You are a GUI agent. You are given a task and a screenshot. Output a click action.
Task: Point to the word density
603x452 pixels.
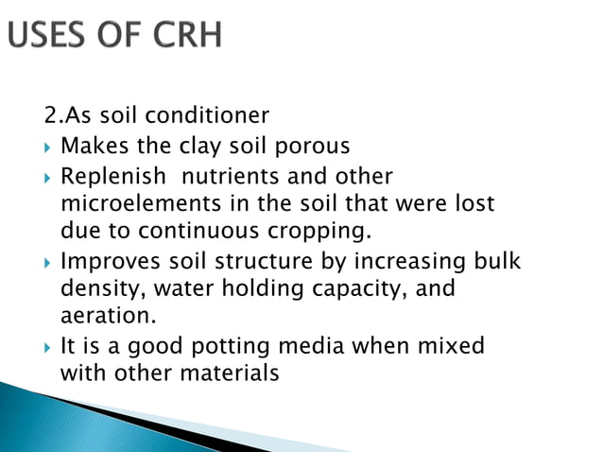pyautogui.click(x=96, y=287)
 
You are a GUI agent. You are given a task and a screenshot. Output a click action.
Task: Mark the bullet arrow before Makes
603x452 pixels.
pyautogui.click(x=46, y=148)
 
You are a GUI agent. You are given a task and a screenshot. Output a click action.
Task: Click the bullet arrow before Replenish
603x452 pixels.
pyautogui.click(x=46, y=178)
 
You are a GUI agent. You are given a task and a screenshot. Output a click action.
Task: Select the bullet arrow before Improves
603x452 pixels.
pyautogui.click(x=46, y=261)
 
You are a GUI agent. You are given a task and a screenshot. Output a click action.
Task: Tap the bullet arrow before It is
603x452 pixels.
pyautogui.click(x=46, y=346)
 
